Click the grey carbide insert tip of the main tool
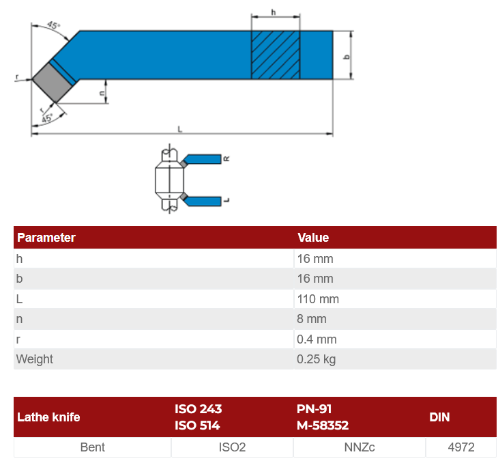(53, 82)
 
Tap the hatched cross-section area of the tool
(276, 55)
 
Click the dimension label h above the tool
(273, 12)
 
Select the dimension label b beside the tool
(347, 57)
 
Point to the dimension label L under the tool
(180, 129)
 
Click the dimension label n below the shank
(102, 93)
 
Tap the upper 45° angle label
(53, 25)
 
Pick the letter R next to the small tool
(226, 158)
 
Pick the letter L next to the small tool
(226, 200)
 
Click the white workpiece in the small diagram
(169, 179)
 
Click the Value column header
(313, 238)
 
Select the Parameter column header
(46, 238)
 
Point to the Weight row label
(35, 359)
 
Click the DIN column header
(439, 417)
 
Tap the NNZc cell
(360, 447)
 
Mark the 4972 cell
(461, 447)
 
